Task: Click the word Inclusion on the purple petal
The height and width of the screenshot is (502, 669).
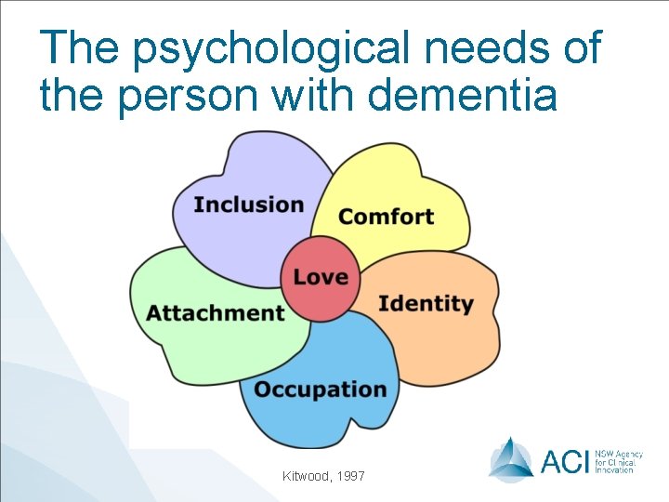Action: click(x=249, y=205)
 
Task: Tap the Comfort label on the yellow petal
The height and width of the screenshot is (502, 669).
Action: click(x=386, y=217)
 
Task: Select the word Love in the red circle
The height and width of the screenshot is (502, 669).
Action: click(x=321, y=277)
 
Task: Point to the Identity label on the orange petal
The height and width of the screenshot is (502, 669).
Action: click(x=426, y=303)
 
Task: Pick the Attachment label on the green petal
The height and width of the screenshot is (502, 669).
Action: click(x=216, y=312)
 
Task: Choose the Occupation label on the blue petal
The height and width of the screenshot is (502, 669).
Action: click(x=320, y=389)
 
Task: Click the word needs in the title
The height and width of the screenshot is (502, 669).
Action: click(x=499, y=47)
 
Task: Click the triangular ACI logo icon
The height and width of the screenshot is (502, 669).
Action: click(x=511, y=458)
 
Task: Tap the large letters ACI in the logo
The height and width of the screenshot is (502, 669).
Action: click(x=564, y=459)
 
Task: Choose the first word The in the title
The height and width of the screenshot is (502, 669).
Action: click(x=79, y=47)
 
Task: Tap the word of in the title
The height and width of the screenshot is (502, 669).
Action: click(x=581, y=47)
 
